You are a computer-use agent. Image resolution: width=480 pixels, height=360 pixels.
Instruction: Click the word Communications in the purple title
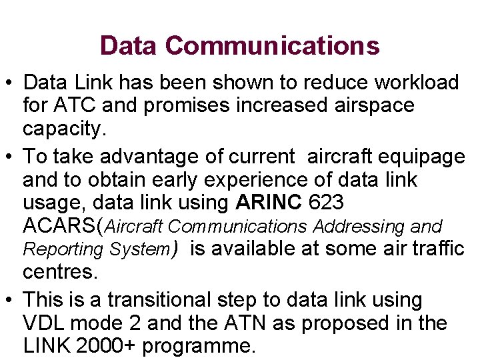coord(273,45)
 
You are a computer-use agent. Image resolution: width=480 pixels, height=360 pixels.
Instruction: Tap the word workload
coord(417,83)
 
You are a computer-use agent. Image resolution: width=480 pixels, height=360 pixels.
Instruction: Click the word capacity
coord(64,128)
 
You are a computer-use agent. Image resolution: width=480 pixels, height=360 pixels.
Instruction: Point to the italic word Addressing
coord(359,227)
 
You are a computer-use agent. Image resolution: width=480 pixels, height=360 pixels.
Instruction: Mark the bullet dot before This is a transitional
coord(9,301)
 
